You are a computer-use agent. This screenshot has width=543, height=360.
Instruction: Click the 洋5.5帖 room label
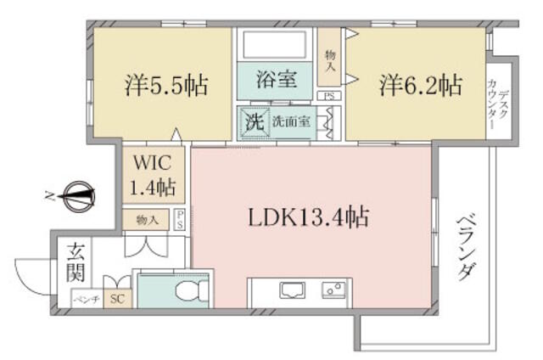(166, 85)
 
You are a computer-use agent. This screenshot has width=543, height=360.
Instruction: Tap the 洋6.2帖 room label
(421, 85)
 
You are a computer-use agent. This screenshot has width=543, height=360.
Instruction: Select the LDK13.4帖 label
(309, 217)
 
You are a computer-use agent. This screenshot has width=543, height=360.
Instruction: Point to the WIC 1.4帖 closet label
(153, 175)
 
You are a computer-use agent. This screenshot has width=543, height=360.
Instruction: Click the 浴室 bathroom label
(277, 79)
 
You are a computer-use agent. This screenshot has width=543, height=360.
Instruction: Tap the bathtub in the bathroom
(275, 45)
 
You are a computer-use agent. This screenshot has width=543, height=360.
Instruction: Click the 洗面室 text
(291, 121)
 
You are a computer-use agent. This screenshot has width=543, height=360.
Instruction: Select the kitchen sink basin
(293, 290)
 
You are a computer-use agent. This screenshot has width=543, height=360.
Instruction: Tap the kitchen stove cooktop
(333, 290)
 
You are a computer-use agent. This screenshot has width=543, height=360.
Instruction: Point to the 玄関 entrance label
(76, 262)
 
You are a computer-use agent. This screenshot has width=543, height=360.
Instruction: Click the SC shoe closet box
(117, 299)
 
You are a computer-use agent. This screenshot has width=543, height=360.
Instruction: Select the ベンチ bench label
(87, 299)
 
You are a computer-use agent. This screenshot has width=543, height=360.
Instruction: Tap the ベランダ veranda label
(467, 247)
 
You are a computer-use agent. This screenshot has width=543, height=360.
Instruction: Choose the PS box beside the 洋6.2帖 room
(329, 96)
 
